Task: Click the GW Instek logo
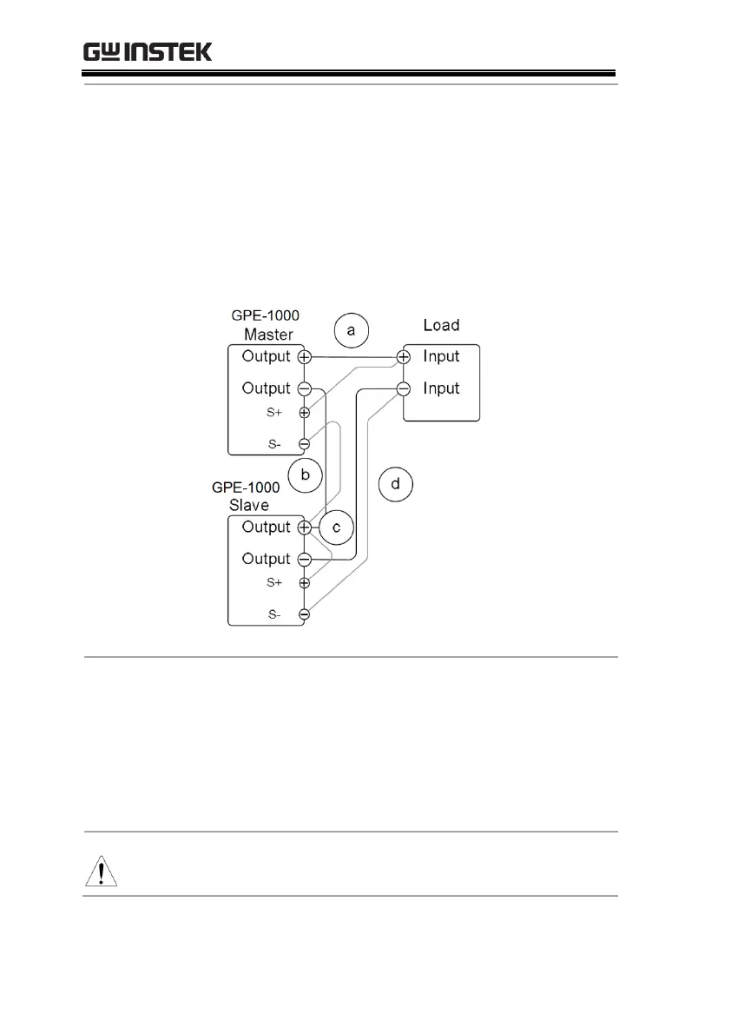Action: [148, 52]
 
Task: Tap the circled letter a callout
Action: [351, 330]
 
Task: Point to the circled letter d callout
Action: [396, 484]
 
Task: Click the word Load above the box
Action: [441, 325]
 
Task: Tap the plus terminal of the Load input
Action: [404, 357]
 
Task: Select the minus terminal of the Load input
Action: [404, 388]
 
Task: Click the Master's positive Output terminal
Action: [304, 357]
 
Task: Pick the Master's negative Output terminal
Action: [304, 388]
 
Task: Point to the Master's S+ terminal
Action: [304, 413]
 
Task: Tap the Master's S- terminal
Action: [304, 444]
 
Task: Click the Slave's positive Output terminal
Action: [304, 527]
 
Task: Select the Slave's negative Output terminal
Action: [304, 559]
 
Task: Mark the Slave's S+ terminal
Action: [304, 583]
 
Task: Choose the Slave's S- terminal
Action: [304, 614]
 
